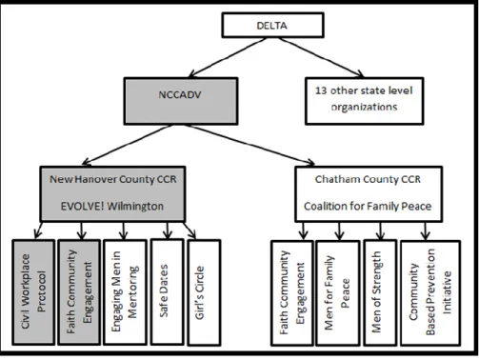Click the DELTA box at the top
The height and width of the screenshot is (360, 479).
[272, 25]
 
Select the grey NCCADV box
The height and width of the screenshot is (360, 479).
[181, 101]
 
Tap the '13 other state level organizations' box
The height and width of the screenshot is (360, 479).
[364, 101]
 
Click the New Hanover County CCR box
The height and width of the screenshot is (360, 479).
[112, 193]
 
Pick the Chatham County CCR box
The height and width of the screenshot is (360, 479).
[369, 193]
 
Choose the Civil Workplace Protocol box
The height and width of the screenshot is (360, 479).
[33, 292]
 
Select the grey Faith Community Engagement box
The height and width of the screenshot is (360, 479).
[79, 292]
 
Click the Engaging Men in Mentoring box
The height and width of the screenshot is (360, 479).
[125, 292]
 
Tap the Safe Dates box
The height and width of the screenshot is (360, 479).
[168, 291]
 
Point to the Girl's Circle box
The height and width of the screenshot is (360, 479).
[204, 292]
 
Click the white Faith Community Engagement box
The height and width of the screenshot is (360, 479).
[292, 292]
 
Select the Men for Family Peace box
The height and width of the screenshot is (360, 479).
[338, 292]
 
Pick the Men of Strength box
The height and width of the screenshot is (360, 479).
[380, 292]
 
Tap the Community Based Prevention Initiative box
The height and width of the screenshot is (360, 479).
[430, 292]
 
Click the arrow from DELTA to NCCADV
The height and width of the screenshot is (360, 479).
[228, 57]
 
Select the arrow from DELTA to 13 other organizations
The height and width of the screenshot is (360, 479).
[321, 57]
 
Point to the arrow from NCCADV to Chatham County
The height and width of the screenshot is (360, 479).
[249, 145]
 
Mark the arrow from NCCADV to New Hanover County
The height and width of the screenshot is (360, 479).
[127, 145]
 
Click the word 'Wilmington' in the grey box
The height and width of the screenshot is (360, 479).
[135, 207]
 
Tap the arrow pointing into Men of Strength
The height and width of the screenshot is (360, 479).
[380, 230]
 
